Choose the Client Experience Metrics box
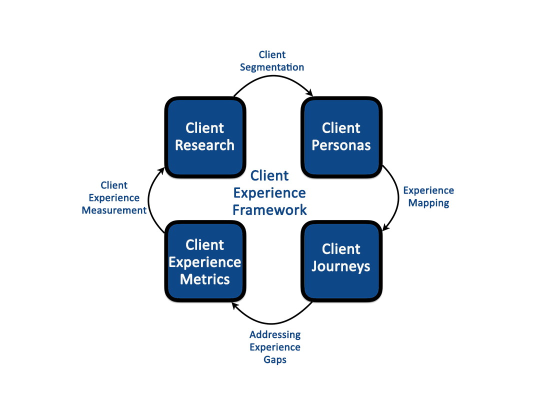pos(205,262)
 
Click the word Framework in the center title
pos(270,209)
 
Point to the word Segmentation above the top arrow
pos(272,67)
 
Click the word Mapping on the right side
pos(428,203)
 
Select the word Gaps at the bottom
pos(275,359)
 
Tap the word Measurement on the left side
pos(114,210)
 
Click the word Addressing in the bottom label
pos(275,334)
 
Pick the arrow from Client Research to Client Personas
pos(272,76)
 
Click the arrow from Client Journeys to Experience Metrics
pos(272,323)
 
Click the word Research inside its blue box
pos(205,145)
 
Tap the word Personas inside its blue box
pos(341,145)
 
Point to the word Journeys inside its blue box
pos(341,266)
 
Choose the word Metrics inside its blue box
pos(205,279)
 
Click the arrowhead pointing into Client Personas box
pos(310,92)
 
